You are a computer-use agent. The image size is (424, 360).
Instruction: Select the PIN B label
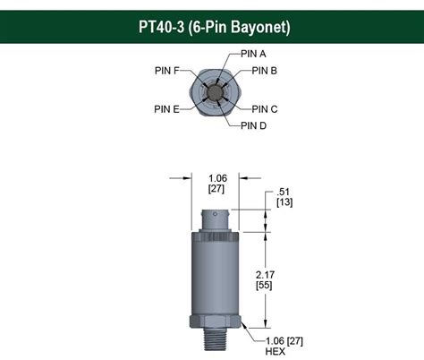[264, 71]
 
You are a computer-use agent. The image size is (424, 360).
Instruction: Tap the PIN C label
[264, 109]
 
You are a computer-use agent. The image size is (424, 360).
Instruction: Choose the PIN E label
[166, 109]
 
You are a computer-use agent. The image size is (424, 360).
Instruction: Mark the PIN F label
[166, 70]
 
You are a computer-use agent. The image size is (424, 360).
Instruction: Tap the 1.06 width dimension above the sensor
[216, 177]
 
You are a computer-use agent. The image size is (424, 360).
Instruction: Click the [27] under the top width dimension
[216, 189]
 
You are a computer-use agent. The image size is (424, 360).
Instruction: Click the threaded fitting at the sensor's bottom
[216, 339]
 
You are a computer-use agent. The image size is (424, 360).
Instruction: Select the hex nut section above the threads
[216, 321]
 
